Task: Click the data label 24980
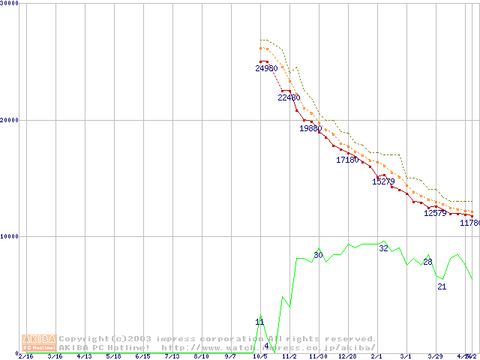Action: [x=266, y=68]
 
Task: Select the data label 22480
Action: [x=289, y=97]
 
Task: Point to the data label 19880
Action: [x=310, y=128]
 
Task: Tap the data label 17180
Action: [x=347, y=160]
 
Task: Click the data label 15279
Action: [x=383, y=181]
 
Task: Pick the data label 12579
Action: [x=435, y=213]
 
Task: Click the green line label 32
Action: [x=383, y=248]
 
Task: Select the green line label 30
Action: [x=318, y=256]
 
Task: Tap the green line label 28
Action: [x=427, y=262]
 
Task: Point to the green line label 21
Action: [x=442, y=286]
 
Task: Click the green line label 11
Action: [x=259, y=322]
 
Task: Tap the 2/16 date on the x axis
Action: [x=25, y=356]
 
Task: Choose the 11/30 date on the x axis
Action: [x=318, y=356]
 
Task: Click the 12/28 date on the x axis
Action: [x=347, y=356]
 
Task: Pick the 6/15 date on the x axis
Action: [x=142, y=356]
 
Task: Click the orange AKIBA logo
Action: [x=38, y=343]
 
